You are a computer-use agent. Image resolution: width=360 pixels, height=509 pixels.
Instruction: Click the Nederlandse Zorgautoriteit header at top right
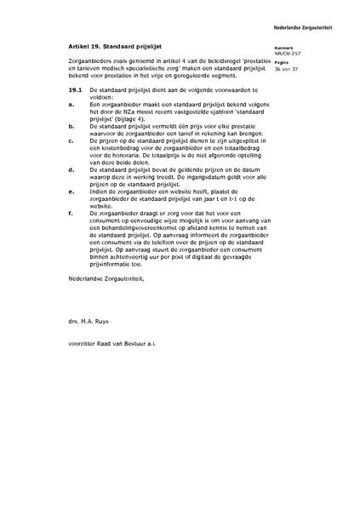(x=316, y=6)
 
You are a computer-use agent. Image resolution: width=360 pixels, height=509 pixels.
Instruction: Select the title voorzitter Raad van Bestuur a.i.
(x=115, y=345)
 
